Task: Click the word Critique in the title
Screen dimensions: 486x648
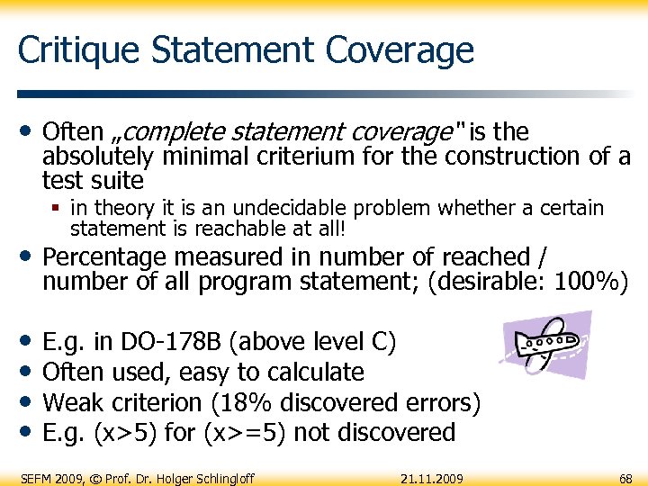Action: (x=73, y=50)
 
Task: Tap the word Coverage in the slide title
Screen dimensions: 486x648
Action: (x=400, y=50)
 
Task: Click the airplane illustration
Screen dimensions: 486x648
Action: (x=547, y=346)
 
